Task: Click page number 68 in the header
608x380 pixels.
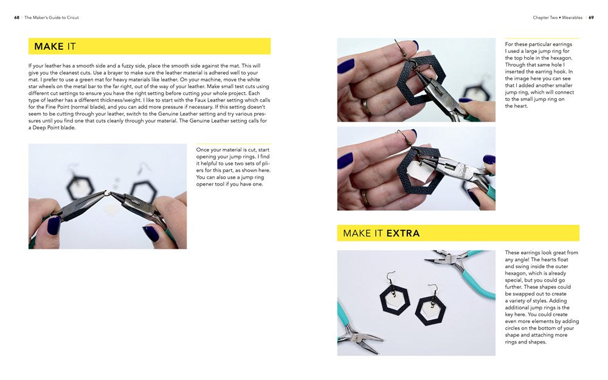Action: pos(16,18)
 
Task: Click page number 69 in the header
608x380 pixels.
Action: pos(591,18)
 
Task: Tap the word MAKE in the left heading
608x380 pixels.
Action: pos(49,47)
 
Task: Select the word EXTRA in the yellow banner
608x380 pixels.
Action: pos(403,233)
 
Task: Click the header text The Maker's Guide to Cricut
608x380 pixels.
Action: pos(52,18)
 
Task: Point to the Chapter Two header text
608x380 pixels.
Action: pos(545,18)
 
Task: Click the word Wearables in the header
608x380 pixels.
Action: pos(572,18)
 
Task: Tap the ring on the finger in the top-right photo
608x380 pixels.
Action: pos(365,106)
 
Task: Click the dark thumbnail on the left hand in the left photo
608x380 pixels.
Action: pos(54,226)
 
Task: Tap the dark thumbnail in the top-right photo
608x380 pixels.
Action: pos(345,66)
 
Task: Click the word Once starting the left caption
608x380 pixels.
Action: pos(203,150)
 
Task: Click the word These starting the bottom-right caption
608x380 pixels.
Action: pos(512,252)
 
